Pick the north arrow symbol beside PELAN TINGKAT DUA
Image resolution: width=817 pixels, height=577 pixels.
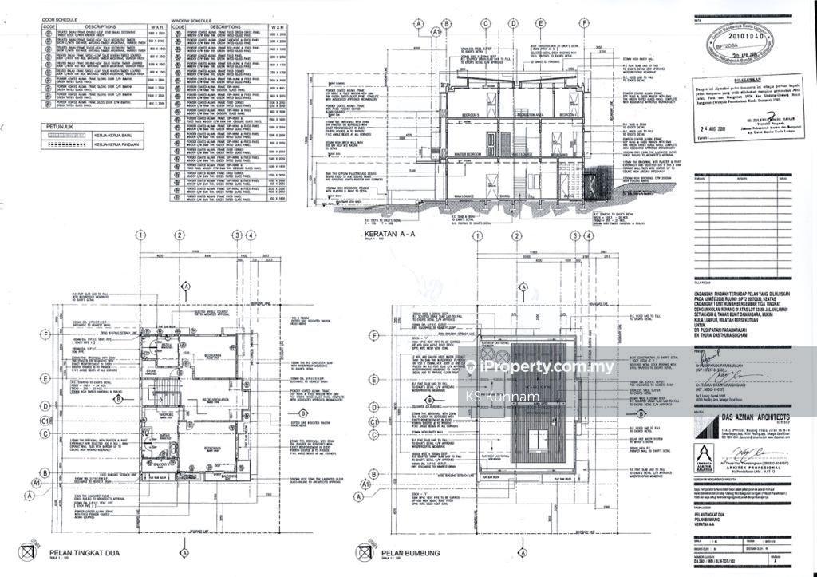click(x=29, y=551)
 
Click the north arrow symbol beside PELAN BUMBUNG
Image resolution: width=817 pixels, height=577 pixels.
click(x=365, y=551)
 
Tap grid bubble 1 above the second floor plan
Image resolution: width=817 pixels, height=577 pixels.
click(x=140, y=235)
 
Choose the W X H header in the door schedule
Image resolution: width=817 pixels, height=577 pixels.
click(x=156, y=26)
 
